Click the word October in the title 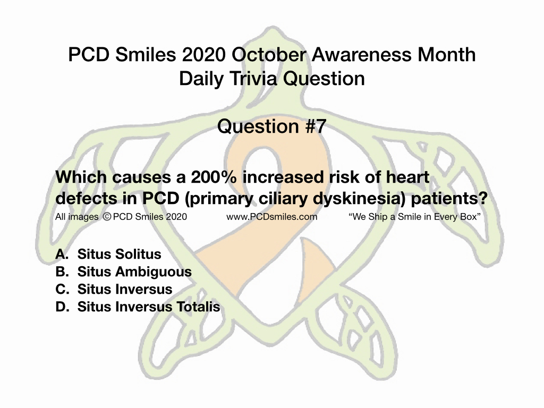[x=269, y=55]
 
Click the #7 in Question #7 [x=316, y=126]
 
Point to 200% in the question [x=214, y=177]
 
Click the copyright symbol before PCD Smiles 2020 [x=107, y=217]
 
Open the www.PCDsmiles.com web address [x=271, y=217]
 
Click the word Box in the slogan [x=470, y=217]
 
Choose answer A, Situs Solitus [x=108, y=254]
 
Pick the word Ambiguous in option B [x=154, y=271]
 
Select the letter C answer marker [x=63, y=289]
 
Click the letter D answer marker [x=63, y=307]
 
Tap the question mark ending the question [x=483, y=199]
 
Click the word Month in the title [x=446, y=55]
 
